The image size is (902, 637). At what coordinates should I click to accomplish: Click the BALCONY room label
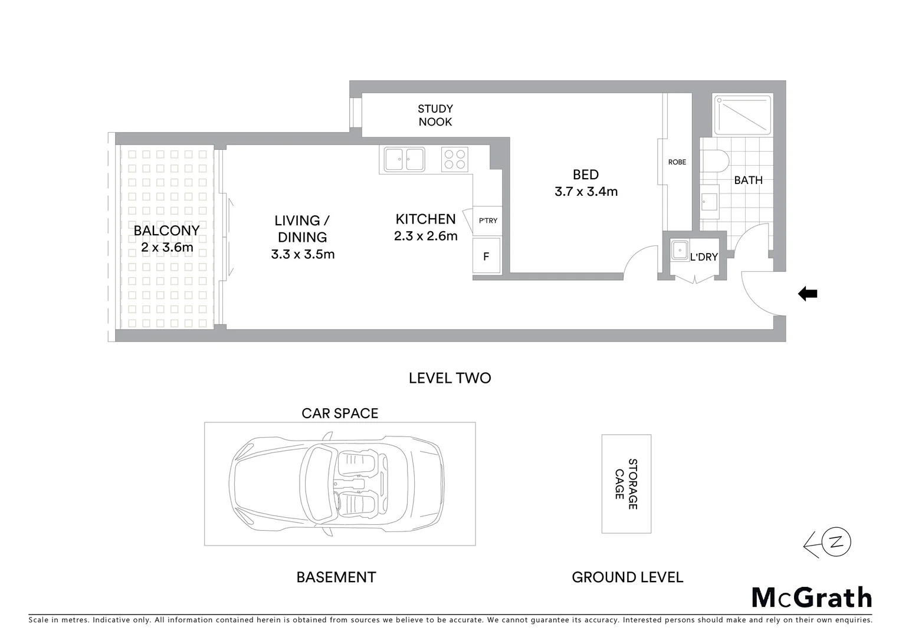166,230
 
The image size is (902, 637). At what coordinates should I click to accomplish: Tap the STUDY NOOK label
435,115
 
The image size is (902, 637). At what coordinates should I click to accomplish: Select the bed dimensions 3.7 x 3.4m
586,192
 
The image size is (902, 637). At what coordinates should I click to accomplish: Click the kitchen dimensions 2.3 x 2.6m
425,237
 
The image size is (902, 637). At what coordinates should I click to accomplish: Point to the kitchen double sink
404,159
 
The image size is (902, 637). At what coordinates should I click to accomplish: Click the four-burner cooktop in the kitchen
455,159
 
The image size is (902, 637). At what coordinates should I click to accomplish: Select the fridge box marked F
487,256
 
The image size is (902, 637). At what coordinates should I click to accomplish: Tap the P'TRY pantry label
488,221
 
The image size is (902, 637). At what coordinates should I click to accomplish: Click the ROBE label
677,162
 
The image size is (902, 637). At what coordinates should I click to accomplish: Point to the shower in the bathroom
743,114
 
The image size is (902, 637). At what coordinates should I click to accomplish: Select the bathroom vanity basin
710,201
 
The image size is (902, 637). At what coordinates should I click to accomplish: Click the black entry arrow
807,294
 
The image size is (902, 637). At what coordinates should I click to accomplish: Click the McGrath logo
811,597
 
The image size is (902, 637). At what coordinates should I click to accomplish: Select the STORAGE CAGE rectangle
626,484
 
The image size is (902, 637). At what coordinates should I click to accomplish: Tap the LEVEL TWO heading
450,378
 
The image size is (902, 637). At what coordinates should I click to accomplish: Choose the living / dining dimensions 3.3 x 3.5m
303,254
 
